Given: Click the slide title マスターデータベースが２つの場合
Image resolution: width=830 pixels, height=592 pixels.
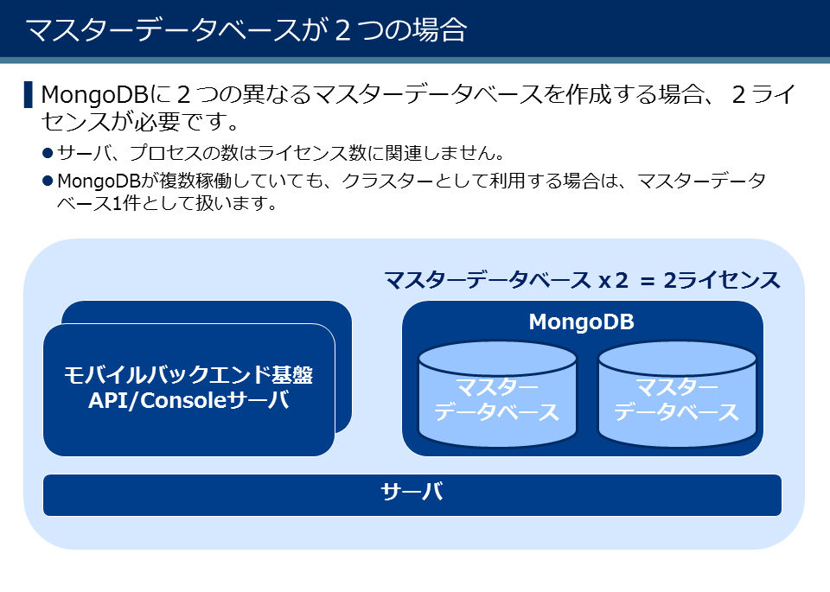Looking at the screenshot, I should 246,30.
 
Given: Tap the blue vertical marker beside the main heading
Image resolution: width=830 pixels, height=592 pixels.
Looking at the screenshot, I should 29,94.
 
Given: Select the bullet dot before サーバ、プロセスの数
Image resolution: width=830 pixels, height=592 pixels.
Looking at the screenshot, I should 48,153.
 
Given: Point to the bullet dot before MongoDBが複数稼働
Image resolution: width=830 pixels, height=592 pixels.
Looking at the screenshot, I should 48,181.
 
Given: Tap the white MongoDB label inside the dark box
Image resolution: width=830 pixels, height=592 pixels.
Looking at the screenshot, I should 581,322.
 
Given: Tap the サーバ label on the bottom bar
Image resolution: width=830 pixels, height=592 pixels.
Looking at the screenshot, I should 412,493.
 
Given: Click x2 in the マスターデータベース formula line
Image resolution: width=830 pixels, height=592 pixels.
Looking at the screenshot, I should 612,280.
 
